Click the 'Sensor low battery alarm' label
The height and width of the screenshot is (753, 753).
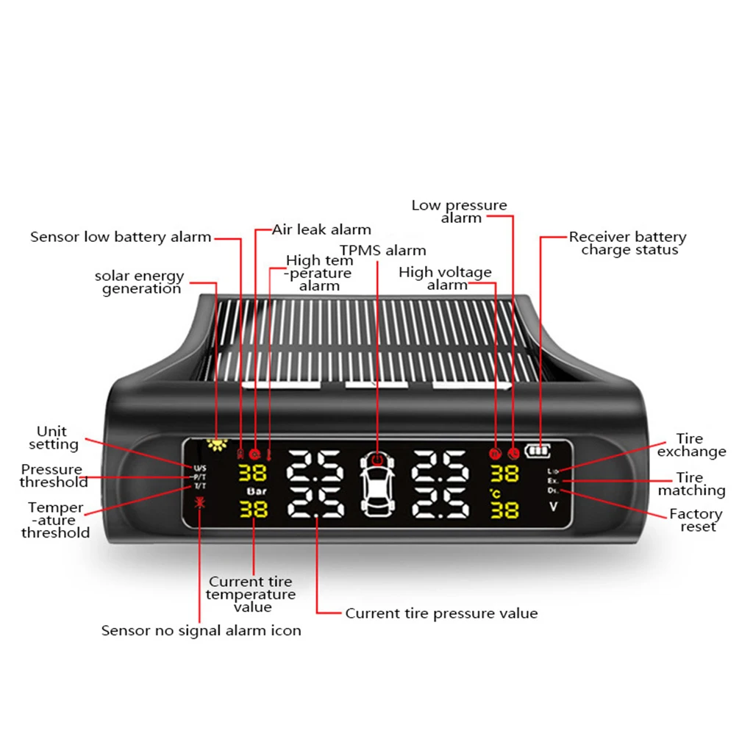pos(121,237)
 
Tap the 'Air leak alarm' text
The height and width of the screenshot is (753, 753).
pos(321,229)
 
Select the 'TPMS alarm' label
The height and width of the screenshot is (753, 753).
pos(382,250)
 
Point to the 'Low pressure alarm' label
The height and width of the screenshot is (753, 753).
pos(460,212)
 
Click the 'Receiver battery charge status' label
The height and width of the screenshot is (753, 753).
pos(627,243)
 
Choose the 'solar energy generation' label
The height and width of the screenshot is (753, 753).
pos(140,282)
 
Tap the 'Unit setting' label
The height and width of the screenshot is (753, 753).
pos(53,438)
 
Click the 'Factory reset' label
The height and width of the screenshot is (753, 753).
pos(696,520)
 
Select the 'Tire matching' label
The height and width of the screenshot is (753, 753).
pos(691,484)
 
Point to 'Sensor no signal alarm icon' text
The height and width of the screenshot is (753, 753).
pos(201,630)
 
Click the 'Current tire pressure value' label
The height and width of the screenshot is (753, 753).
pos(441,613)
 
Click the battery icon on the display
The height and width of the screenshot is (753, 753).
pos(538,452)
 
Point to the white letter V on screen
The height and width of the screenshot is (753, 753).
pos(553,507)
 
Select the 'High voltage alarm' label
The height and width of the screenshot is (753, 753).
pos(446,278)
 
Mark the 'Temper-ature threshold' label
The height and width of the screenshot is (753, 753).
pos(56,520)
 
